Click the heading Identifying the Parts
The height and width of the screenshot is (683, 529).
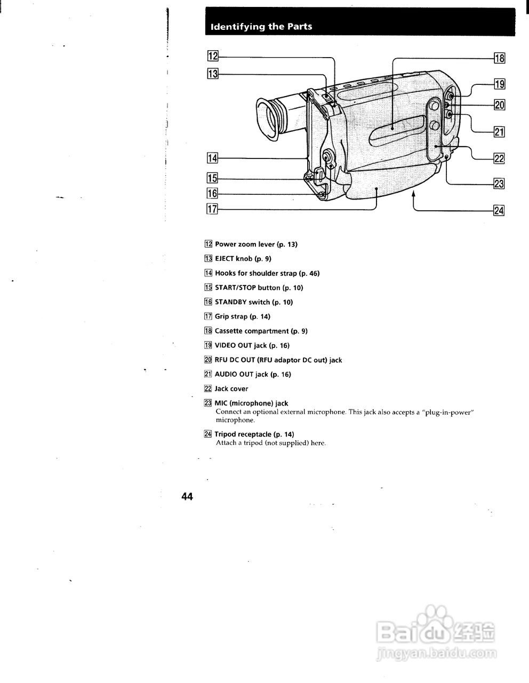pyautogui.click(x=261, y=27)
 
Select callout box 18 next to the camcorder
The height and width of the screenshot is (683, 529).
pyautogui.click(x=499, y=58)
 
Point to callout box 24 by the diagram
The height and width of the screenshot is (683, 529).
pyautogui.click(x=499, y=210)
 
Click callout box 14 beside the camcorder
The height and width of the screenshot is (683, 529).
pyautogui.click(x=213, y=158)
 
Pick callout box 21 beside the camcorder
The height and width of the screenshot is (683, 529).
pyautogui.click(x=499, y=131)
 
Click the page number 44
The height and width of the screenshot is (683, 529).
pyautogui.click(x=187, y=497)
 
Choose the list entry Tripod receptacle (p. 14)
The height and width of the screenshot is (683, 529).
pyautogui.click(x=254, y=434)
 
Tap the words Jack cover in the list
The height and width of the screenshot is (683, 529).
pyautogui.click(x=231, y=389)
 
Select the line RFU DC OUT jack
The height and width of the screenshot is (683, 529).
pyautogui.click(x=278, y=360)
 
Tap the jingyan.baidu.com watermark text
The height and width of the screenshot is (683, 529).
pyautogui.click(x=436, y=653)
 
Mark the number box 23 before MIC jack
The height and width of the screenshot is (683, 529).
pyautogui.click(x=208, y=403)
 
